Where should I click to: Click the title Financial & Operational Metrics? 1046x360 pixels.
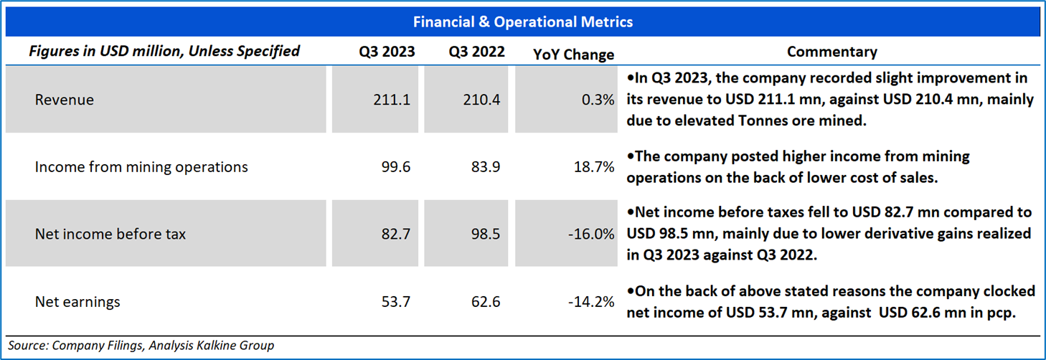(523, 22)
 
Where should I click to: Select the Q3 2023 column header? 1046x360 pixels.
(387, 52)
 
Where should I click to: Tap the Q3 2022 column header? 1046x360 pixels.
(477, 52)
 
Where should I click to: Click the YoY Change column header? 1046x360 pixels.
(574, 55)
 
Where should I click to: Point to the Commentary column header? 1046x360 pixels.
(831, 52)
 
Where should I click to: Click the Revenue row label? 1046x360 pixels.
(65, 100)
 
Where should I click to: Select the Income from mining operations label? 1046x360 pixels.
(141, 167)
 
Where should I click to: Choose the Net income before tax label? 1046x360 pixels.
(110, 234)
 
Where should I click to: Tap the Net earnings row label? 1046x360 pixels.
(77, 302)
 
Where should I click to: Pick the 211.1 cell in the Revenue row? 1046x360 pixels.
(392, 100)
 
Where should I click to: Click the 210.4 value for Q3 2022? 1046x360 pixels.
(482, 100)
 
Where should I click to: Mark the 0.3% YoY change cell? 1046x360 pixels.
(597, 100)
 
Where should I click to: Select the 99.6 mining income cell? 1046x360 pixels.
(396, 167)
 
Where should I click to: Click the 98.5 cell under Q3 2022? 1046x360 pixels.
(486, 234)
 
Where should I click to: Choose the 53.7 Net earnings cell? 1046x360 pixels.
(396, 302)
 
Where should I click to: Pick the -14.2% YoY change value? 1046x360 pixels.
(591, 302)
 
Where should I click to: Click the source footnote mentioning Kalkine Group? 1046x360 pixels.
(141, 346)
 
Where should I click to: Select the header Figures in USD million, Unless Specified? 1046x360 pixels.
(164, 52)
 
